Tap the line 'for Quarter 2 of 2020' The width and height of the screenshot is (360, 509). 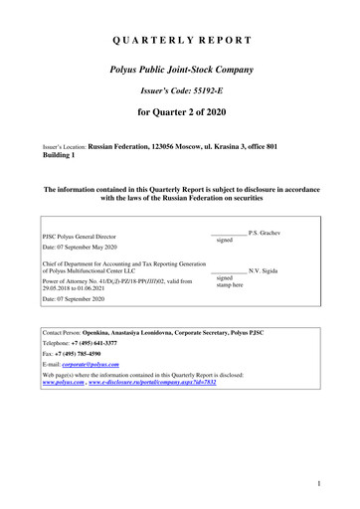(x=180, y=125)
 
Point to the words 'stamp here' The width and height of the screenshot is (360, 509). (x=231, y=285)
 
